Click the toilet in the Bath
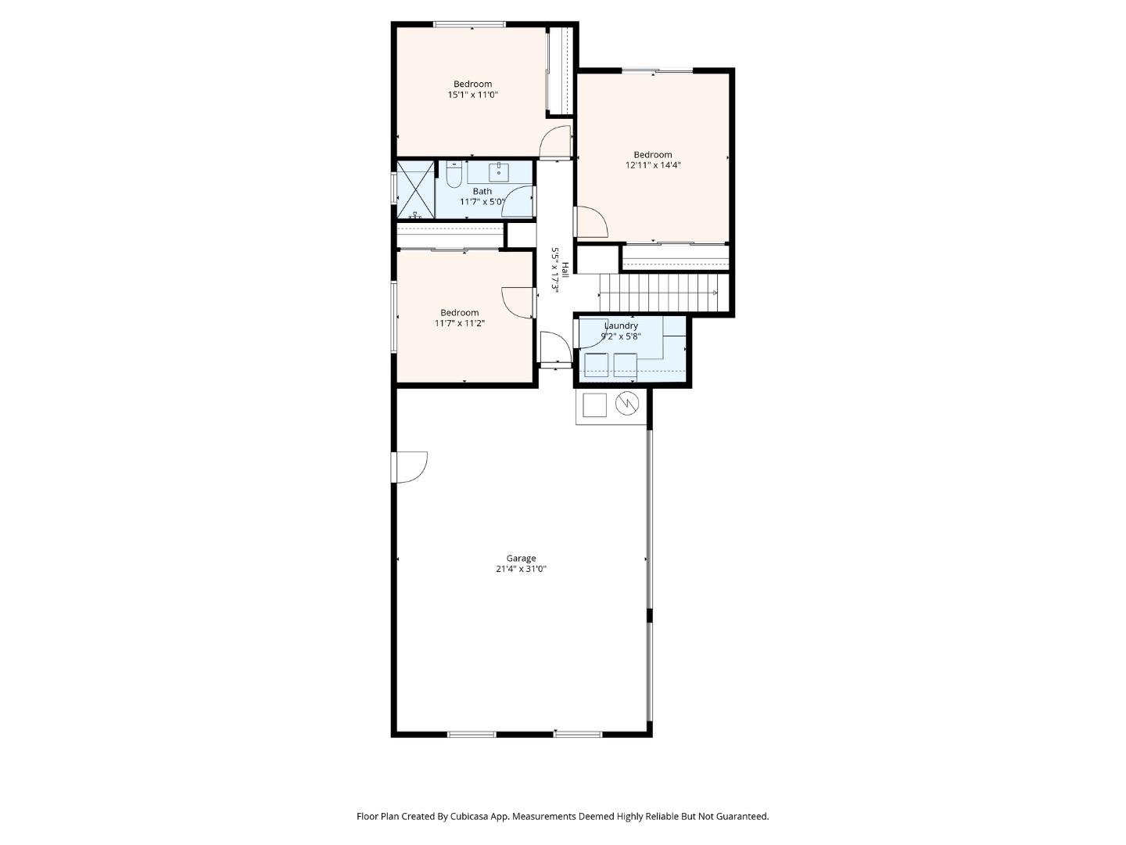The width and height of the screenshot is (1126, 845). coord(454,174)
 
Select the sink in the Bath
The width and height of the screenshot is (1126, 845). coord(500,171)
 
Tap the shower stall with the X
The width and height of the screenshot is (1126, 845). coord(415,189)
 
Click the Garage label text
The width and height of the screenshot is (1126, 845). coord(521,558)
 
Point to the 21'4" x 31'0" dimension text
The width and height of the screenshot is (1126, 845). coord(521,569)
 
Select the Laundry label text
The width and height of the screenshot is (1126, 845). coord(621,325)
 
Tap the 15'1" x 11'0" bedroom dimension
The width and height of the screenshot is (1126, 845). coord(473,95)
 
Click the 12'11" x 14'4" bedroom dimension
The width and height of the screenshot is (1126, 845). coord(653,165)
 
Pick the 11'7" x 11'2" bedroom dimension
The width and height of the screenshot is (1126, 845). coord(460,323)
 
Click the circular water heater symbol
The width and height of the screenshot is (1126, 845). coord(627,404)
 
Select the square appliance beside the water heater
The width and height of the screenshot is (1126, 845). coord(595,405)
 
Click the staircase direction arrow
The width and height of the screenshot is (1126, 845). coord(714,293)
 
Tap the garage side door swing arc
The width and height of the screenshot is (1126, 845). coord(412,466)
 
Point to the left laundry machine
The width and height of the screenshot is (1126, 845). coord(597,365)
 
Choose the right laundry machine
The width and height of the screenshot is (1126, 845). coord(626,365)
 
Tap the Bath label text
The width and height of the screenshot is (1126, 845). coord(482,191)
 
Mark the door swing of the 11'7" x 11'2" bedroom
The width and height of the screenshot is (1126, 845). coord(518,303)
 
